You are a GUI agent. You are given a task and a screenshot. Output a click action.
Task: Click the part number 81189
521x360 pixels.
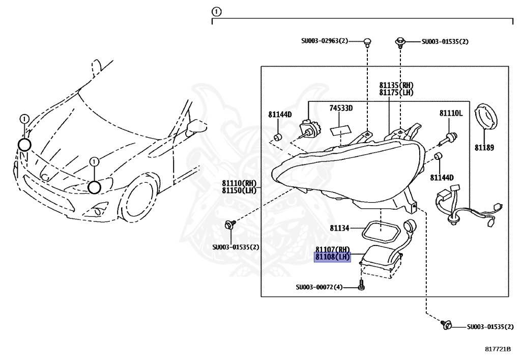484,148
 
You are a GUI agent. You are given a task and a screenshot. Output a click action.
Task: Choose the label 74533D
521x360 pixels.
340,108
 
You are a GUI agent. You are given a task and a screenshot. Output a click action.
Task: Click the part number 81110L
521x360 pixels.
451,113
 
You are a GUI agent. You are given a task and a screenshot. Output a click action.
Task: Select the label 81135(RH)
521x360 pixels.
396,86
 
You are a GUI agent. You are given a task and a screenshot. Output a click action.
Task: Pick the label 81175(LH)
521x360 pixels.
396,93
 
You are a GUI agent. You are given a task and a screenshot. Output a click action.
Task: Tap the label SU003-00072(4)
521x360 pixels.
319,287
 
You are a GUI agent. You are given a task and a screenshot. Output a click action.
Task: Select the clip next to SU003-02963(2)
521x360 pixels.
367,42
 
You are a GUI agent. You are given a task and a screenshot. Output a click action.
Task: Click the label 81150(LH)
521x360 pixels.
239,190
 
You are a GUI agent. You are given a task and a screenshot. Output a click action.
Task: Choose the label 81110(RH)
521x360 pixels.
239,183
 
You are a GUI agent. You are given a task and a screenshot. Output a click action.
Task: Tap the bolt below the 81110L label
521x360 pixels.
450,136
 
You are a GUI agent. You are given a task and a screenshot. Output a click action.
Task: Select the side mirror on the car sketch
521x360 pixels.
193,127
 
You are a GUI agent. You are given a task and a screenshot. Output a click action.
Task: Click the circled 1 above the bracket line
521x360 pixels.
217,11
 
